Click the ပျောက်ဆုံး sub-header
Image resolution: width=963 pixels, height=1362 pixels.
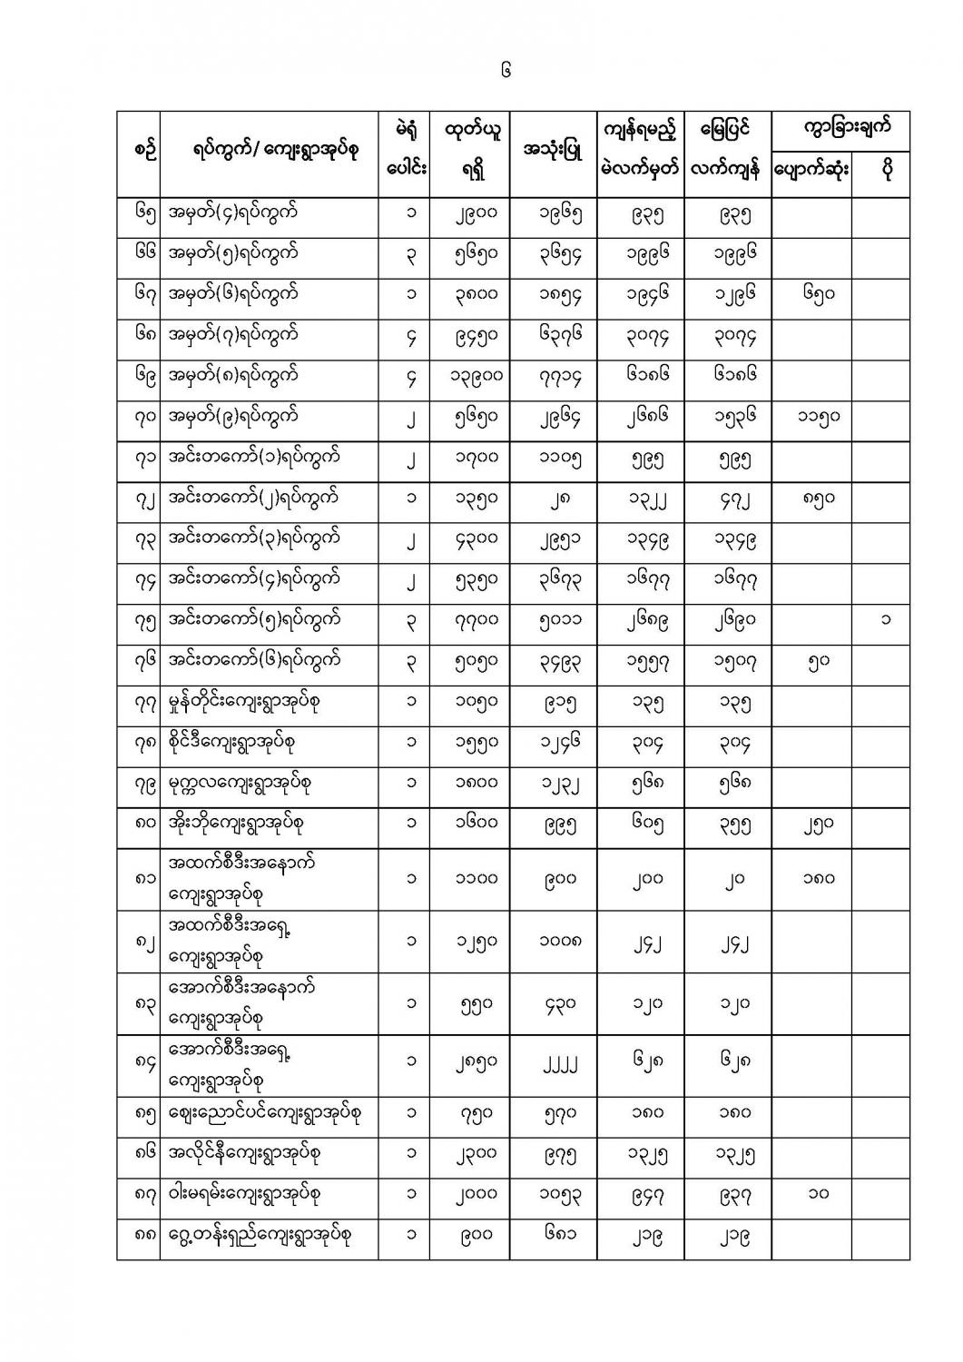811,171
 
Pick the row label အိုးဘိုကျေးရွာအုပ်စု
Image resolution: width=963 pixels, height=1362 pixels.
236,824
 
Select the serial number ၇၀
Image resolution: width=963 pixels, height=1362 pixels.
139,417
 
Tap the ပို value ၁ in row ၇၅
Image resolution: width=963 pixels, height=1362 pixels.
884,620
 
